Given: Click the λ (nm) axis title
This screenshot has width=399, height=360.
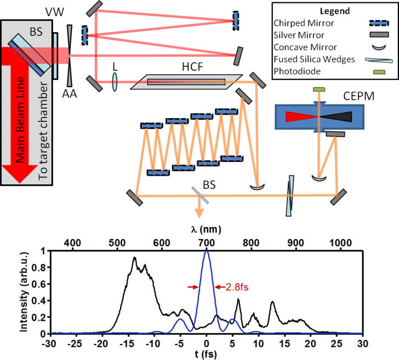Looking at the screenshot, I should pos(206,229).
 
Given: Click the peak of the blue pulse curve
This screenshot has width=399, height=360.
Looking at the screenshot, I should pos(207,251).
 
